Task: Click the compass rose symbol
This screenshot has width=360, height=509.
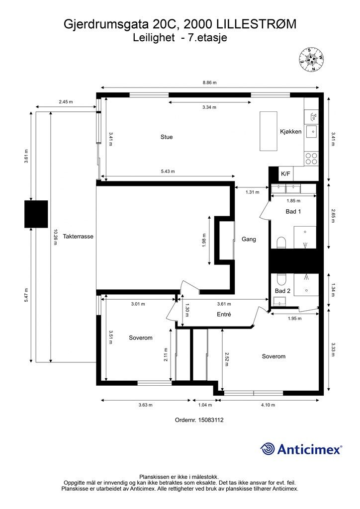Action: pyautogui.click(x=312, y=60)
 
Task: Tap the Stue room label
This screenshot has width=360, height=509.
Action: pyautogui.click(x=167, y=137)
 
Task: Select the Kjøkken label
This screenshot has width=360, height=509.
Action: pyautogui.click(x=291, y=131)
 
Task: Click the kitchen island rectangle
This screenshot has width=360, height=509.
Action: pyautogui.click(x=269, y=131)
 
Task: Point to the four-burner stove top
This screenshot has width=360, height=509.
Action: pyautogui.click(x=311, y=159)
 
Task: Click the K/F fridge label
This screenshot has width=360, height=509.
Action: pyautogui.click(x=285, y=173)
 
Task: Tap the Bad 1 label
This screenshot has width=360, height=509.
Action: pyautogui.click(x=293, y=211)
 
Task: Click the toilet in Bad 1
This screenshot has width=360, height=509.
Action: pyautogui.click(x=281, y=243)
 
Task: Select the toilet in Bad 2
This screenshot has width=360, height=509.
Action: pyautogui.click(x=281, y=279)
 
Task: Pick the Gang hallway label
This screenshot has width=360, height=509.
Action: pyautogui.click(x=249, y=239)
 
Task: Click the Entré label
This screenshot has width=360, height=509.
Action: pyautogui.click(x=224, y=314)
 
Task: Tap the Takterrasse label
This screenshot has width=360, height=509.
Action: pyautogui.click(x=78, y=236)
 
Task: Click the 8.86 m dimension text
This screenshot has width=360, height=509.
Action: pyautogui.click(x=209, y=83)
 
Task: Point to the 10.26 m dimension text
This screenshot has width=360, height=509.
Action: pyautogui.click(x=55, y=237)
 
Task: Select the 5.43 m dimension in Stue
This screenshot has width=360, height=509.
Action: pyautogui.click(x=168, y=171)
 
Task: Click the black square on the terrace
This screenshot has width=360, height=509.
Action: pyautogui.click(x=36, y=214)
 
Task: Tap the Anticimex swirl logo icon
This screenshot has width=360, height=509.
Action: pyautogui.click(x=268, y=449)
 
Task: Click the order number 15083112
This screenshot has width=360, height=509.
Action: pyautogui.click(x=212, y=420)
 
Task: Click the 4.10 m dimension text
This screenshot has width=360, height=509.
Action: pyautogui.click(x=268, y=405)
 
